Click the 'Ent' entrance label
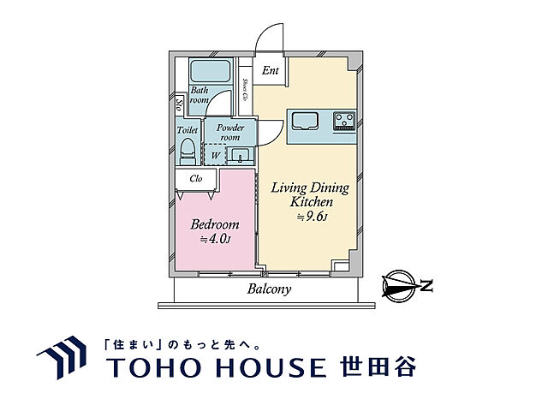point(270,71)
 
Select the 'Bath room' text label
point(200,95)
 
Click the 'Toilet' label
point(188,130)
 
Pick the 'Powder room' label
point(230,133)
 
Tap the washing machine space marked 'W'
point(214,156)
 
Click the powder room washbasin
point(240,155)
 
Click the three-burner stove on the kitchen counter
point(344,121)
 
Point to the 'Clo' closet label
point(195,179)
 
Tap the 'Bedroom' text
point(214,224)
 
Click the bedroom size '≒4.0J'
point(215,240)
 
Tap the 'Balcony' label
point(270,289)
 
